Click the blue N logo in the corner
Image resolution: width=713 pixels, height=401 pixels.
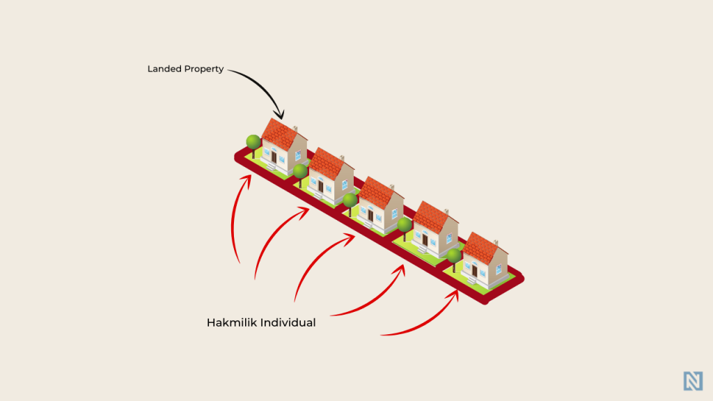[x=693, y=381]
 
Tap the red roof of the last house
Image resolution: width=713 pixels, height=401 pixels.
[x=480, y=247]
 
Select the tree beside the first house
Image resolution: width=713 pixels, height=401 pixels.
[x=253, y=146]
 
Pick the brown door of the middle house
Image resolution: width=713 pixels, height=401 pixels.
[x=370, y=214]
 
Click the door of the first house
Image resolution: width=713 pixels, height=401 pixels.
[x=274, y=157]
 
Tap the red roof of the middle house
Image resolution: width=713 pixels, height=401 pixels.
[x=377, y=192]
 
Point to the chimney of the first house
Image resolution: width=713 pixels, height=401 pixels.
[x=295, y=129]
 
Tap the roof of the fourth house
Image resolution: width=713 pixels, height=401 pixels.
[x=431, y=217]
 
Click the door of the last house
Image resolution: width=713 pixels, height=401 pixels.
[x=474, y=271]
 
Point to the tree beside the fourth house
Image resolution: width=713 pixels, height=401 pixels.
[x=405, y=228]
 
